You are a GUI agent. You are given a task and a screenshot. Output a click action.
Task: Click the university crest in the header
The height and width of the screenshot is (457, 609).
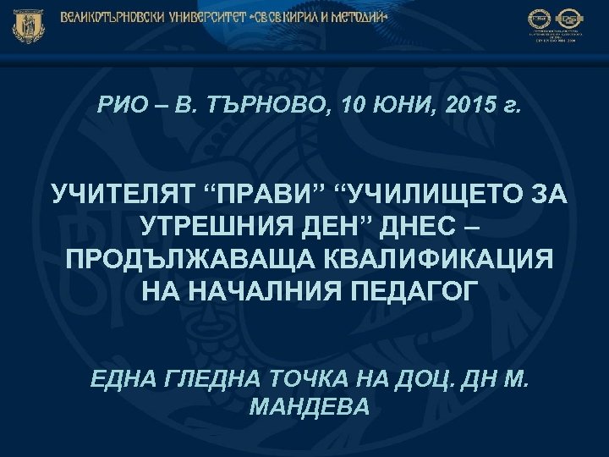tap(27, 25)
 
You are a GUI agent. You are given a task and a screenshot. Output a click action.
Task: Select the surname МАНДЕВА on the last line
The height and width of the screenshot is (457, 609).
tap(310, 407)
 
